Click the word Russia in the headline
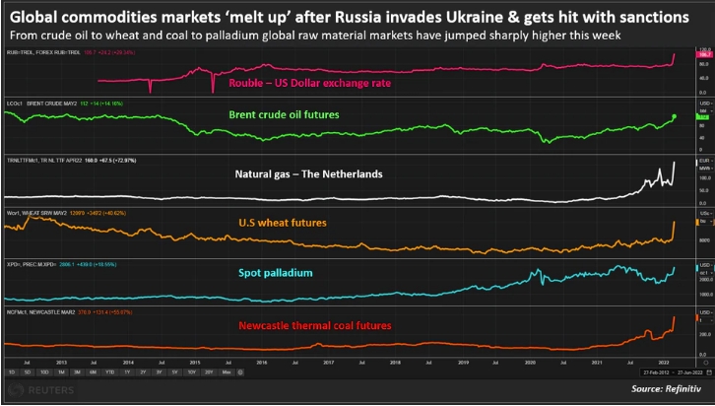point(387,17)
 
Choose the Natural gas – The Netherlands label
point(308,174)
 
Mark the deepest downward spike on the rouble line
point(214,93)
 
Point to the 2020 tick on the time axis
point(533,363)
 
